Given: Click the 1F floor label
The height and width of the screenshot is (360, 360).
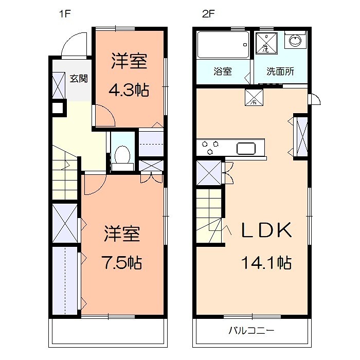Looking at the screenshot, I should tap(64, 14).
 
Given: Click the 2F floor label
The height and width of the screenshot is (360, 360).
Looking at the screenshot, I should tap(207, 14).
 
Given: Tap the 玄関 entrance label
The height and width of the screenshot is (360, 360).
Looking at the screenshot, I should tap(79, 79).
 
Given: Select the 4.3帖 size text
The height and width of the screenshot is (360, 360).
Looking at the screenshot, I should tap(129, 90).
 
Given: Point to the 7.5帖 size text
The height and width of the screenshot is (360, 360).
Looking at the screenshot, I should tap(121, 263).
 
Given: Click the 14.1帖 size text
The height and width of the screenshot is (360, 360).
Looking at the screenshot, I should tap(266, 263).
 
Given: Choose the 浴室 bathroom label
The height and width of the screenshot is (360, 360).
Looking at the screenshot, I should tap(223, 71).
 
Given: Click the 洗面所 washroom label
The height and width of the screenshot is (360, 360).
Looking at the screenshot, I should tap(280, 71).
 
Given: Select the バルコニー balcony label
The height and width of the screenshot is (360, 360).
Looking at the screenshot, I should tap(251, 330).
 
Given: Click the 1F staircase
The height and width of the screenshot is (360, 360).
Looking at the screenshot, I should tap(64, 175).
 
